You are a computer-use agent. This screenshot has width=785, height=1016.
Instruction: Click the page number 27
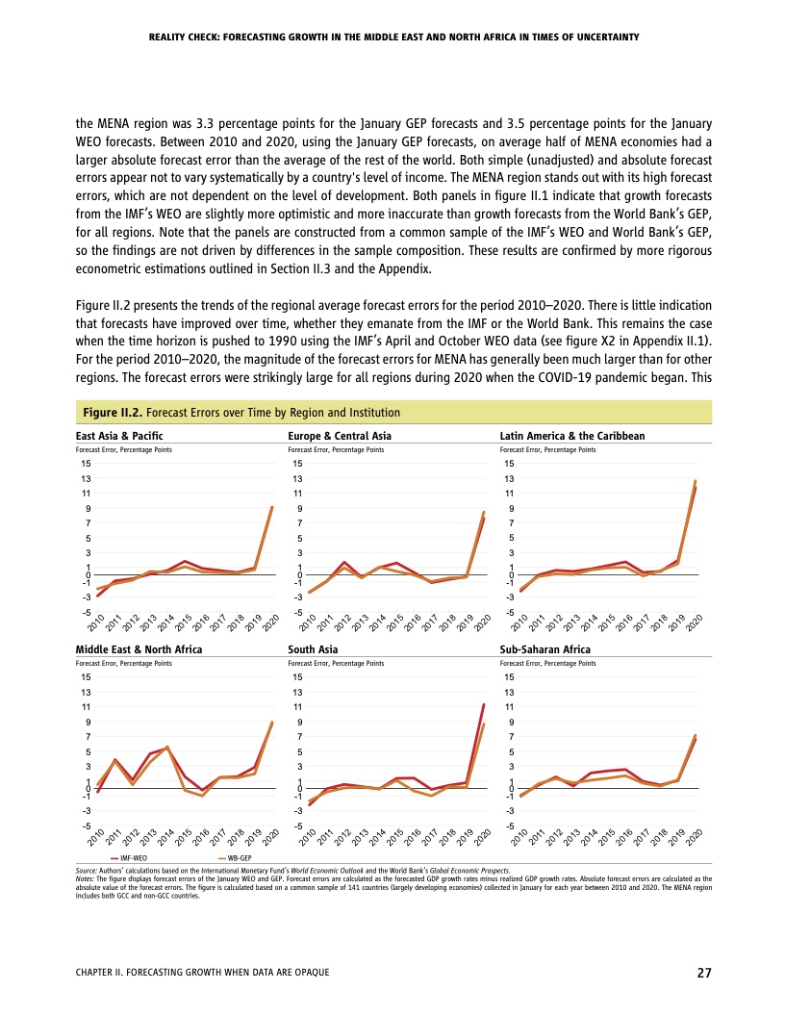tap(704, 973)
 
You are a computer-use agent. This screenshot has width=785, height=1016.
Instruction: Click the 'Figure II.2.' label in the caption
tap(109, 413)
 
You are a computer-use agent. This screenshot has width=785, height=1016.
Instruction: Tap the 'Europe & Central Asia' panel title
tap(340, 436)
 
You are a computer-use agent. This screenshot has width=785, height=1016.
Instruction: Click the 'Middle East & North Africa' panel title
tap(139, 649)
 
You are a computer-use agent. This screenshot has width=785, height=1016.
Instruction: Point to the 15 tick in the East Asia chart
tap(87, 464)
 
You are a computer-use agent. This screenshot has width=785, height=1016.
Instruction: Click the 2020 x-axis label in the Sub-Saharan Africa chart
tap(694, 836)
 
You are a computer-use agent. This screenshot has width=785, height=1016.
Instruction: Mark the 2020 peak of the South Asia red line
tap(484, 705)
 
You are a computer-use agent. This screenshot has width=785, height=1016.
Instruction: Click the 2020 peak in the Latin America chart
tap(696, 481)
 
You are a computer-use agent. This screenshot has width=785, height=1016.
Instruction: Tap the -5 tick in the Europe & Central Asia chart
tap(298, 612)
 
